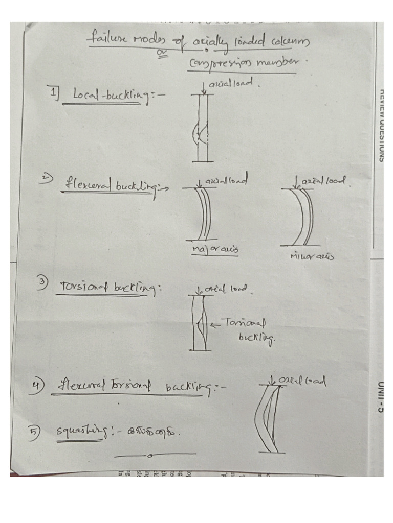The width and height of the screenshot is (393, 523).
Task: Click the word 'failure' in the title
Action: pos(104,39)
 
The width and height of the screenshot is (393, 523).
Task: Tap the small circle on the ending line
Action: pos(148,454)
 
